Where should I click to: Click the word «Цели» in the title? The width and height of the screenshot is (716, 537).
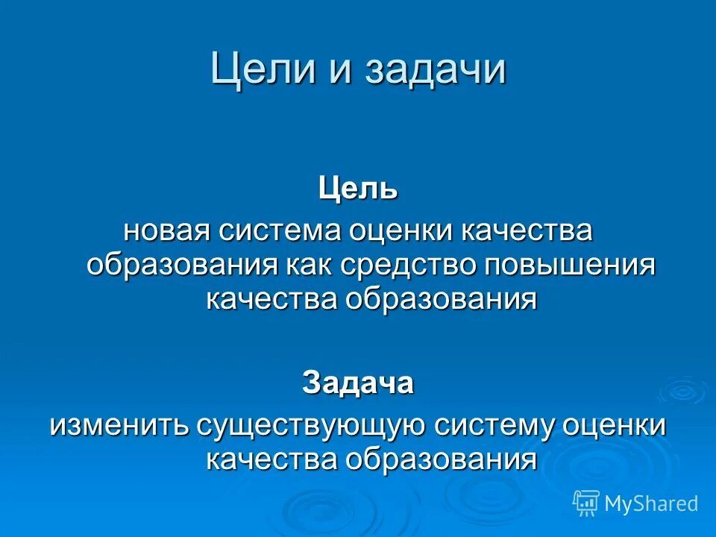coord(253,69)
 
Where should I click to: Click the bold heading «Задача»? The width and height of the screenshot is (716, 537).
coord(358,383)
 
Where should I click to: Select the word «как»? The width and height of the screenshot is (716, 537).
coord(309,265)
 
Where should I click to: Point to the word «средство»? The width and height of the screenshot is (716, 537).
coord(410,265)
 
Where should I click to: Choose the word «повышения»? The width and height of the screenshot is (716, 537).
coord(571,265)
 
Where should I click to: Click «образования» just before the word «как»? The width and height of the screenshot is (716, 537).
coord(180,265)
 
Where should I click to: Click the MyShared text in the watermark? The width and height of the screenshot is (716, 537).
coord(651,503)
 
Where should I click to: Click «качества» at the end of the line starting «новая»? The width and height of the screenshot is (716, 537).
coord(529,230)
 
